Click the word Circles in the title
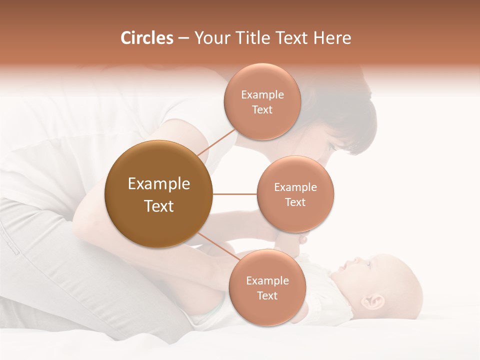coord(147,38)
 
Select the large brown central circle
coord(158,194)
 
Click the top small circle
coord(262,101)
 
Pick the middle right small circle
coord(295,194)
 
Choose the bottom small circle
coord(267,287)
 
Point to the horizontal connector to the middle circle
coord(234,194)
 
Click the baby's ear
coord(375,301)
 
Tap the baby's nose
coord(356,261)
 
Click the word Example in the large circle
coord(159,184)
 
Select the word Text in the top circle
coord(262,110)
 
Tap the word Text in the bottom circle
coord(267,296)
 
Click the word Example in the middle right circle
coord(295,187)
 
